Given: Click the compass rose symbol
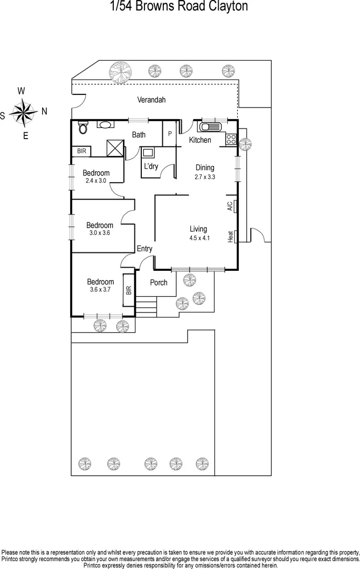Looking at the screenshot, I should (x=23, y=112).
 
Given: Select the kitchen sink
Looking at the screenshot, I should (x=211, y=127).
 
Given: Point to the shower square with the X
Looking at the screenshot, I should (x=114, y=148).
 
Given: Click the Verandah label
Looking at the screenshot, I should (x=151, y=100).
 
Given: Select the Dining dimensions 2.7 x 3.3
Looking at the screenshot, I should (x=205, y=178).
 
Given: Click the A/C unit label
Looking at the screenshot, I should (x=230, y=206).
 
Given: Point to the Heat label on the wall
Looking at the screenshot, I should (x=230, y=237).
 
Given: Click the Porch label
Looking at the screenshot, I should (x=159, y=283).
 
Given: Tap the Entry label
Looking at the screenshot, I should (x=144, y=249).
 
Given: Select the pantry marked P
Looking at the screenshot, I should (x=170, y=134).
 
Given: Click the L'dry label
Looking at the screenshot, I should (x=151, y=166).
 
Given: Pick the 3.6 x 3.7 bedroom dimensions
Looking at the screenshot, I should (x=100, y=290).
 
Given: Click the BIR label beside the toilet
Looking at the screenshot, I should (x=81, y=151).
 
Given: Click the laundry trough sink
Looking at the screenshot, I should (x=148, y=153).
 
